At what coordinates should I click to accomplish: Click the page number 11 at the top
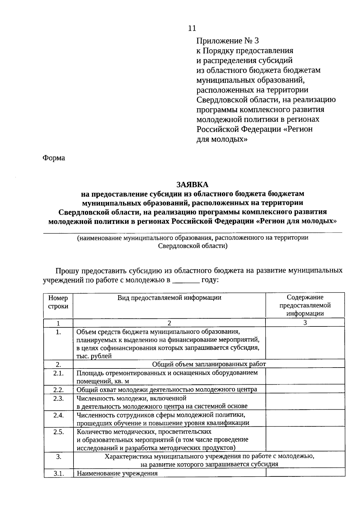[192, 28]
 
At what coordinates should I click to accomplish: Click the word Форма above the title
[54, 158]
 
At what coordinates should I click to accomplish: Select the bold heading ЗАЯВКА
[192, 184]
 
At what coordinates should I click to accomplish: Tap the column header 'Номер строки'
[58, 302]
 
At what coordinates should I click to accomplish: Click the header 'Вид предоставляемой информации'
[169, 298]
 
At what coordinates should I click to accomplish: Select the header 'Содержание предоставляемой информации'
[305, 305]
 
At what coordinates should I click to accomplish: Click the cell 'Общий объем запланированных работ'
[209, 364]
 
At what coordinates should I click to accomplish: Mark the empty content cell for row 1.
[305, 343]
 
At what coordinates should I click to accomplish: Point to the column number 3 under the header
[305, 323]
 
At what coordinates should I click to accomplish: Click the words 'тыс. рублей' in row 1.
[94, 356]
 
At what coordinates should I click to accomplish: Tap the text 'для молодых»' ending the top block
[222, 139]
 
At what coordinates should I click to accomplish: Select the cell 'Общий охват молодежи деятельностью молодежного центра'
[167, 389]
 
